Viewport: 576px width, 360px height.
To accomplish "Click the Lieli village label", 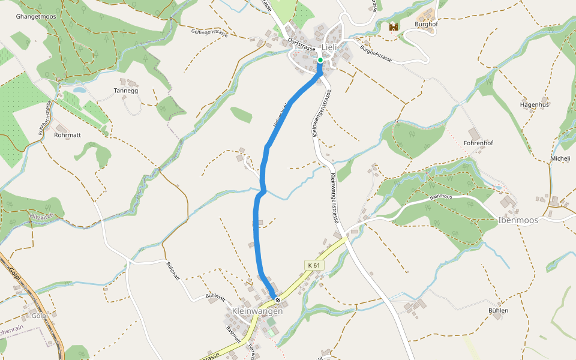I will pyautogui.click(x=330, y=47).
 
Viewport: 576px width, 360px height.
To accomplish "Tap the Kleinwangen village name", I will pyautogui.click(x=257, y=311).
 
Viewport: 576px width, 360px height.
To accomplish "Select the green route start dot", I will pyautogui.click(x=320, y=60).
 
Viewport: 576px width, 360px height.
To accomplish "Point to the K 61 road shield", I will pyautogui.click(x=314, y=265).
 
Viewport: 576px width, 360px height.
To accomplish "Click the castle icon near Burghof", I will pyautogui.click(x=394, y=27).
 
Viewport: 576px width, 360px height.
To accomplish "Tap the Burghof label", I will pyautogui.click(x=427, y=25).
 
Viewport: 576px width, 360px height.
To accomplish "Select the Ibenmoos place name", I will pyautogui.click(x=518, y=220).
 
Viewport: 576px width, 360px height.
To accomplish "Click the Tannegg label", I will pyautogui.click(x=126, y=91).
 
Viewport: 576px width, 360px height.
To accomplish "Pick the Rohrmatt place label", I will pyautogui.click(x=67, y=135).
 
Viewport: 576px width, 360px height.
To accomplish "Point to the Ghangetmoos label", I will pyautogui.click(x=37, y=17).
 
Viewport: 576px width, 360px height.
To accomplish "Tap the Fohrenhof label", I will pyautogui.click(x=478, y=143).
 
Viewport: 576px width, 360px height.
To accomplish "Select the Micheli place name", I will pyautogui.click(x=560, y=158).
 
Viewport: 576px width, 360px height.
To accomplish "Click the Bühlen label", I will pyautogui.click(x=498, y=310).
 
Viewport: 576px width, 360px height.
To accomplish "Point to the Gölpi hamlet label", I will pyautogui.click(x=40, y=316).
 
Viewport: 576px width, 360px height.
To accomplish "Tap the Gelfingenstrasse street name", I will pyautogui.click(x=210, y=34).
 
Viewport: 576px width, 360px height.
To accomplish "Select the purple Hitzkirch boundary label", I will pyautogui.click(x=41, y=215).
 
